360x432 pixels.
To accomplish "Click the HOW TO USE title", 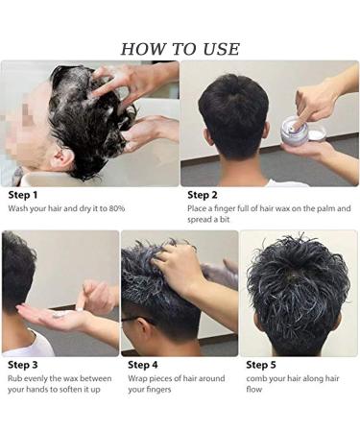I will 180,49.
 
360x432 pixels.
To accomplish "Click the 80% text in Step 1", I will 114,208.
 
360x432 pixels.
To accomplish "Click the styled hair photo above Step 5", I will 298,293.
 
